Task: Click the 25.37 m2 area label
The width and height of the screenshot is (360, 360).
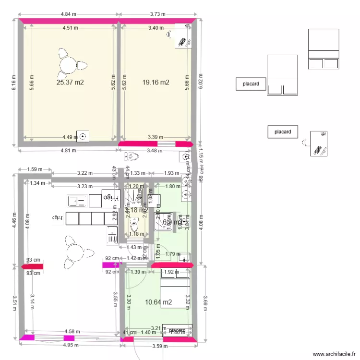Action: click(70, 83)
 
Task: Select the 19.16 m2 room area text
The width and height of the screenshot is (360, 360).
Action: click(156, 83)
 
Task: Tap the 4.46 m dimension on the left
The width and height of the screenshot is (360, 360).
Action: click(14, 216)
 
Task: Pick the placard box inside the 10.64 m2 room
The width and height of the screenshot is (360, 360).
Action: click(177, 330)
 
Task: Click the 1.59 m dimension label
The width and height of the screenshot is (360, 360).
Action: click(35, 169)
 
